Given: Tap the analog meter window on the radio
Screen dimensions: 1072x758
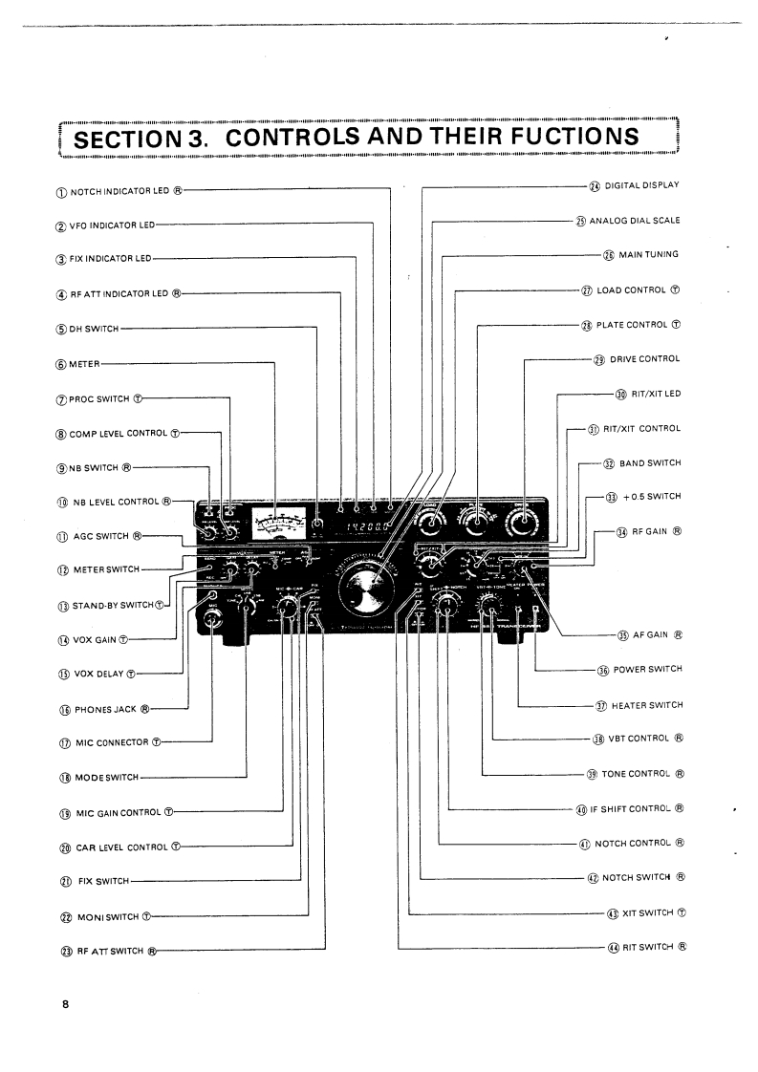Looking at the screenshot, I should pyautogui.click(x=275, y=525).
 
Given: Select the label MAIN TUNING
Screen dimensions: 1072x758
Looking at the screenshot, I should pyautogui.click(x=648, y=255).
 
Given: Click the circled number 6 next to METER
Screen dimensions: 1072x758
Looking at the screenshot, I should pyautogui.click(x=61, y=363).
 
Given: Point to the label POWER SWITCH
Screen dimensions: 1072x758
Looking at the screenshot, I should pyautogui.click(x=648, y=671).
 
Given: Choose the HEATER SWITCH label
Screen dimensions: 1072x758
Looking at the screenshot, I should pyautogui.click(x=648, y=706).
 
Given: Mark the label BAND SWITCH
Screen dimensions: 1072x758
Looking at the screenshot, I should pyautogui.click(x=650, y=463).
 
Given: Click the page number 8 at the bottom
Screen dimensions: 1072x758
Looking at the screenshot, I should pyautogui.click(x=64, y=1004).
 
